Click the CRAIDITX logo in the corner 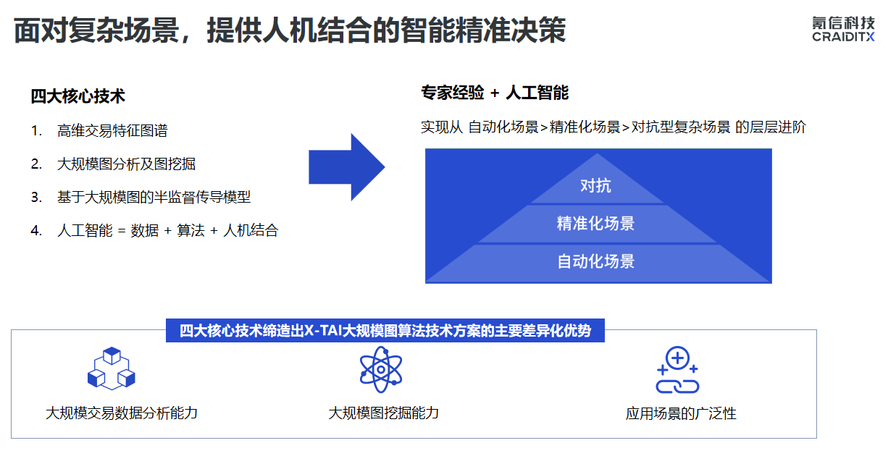pyautogui.click(x=843, y=29)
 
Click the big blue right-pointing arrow pyautogui.click(x=346, y=167)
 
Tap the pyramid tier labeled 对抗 pyautogui.click(x=595, y=186)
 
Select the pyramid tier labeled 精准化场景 pyautogui.click(x=595, y=224)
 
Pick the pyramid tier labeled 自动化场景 pyautogui.click(x=595, y=261)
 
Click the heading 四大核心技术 pyautogui.click(x=78, y=96)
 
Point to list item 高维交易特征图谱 pyautogui.click(x=112, y=131)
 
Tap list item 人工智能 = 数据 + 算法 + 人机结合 pyautogui.click(x=167, y=231)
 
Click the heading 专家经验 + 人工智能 pyautogui.click(x=495, y=93)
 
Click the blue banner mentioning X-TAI pyautogui.click(x=385, y=332)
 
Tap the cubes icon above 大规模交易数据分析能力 pyautogui.click(x=112, y=368)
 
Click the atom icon pyautogui.click(x=381, y=369)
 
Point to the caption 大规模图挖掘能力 pyautogui.click(x=383, y=413)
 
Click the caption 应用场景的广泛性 pyautogui.click(x=681, y=414)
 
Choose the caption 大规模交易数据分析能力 pyautogui.click(x=122, y=413)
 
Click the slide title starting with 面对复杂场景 pyautogui.click(x=290, y=31)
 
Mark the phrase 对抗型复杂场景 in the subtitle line pyautogui.click(x=681, y=127)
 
